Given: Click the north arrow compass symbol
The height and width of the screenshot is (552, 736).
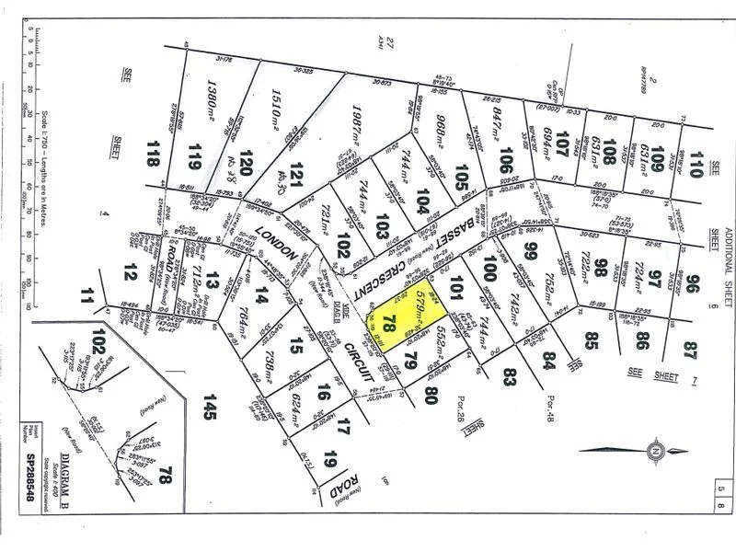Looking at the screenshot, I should [653, 451].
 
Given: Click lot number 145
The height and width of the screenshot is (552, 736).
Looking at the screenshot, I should [210, 401].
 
